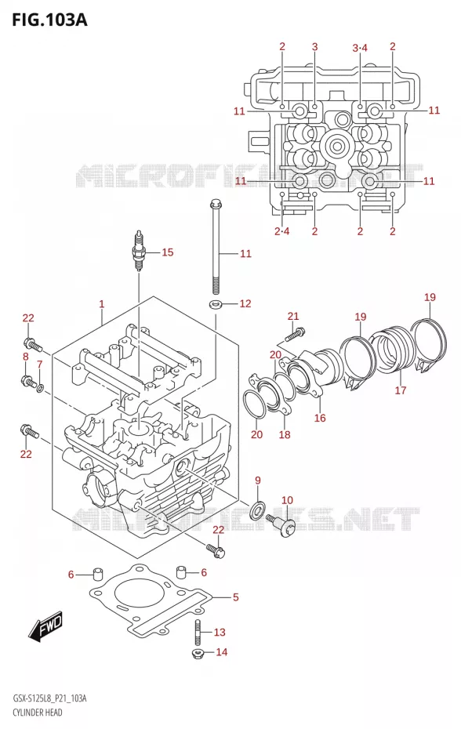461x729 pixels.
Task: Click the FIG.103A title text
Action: (x=49, y=20)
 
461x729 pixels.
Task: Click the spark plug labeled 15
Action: (x=139, y=251)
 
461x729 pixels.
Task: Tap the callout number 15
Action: (x=168, y=252)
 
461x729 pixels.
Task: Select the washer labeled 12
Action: (x=216, y=304)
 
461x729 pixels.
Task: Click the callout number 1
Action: (x=101, y=304)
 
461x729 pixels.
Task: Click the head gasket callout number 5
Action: (x=235, y=597)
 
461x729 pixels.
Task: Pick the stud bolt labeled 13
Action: (x=198, y=633)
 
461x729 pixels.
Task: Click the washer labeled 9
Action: (x=256, y=510)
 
